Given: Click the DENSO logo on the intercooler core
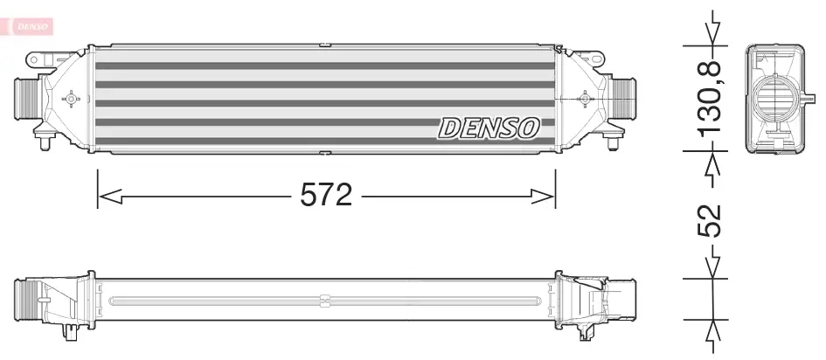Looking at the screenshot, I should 488,128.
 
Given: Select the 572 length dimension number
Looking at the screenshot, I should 326,194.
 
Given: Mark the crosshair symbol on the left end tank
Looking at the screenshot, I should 72,99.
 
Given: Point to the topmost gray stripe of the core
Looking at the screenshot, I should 323,66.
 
